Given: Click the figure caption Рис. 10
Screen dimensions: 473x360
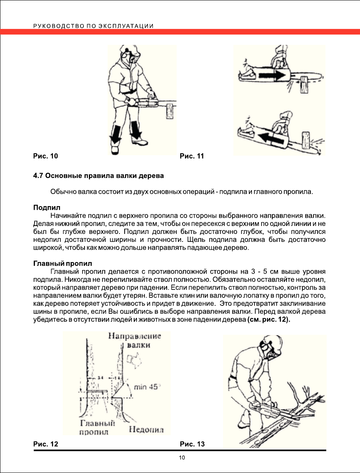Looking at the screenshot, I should click(45, 156).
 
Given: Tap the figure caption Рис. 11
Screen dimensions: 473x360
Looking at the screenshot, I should click(192, 156).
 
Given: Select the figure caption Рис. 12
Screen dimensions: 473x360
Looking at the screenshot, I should click(45, 444).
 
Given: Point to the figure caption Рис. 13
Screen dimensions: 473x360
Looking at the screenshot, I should click(193, 444).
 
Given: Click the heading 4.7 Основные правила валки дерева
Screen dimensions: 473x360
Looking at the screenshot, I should click(98, 175).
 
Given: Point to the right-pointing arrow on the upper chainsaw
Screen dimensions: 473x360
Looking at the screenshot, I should click(275, 74).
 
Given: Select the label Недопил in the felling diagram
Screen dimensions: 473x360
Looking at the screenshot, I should click(146, 429).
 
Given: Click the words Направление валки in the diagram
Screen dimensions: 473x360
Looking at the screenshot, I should click(135, 340).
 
